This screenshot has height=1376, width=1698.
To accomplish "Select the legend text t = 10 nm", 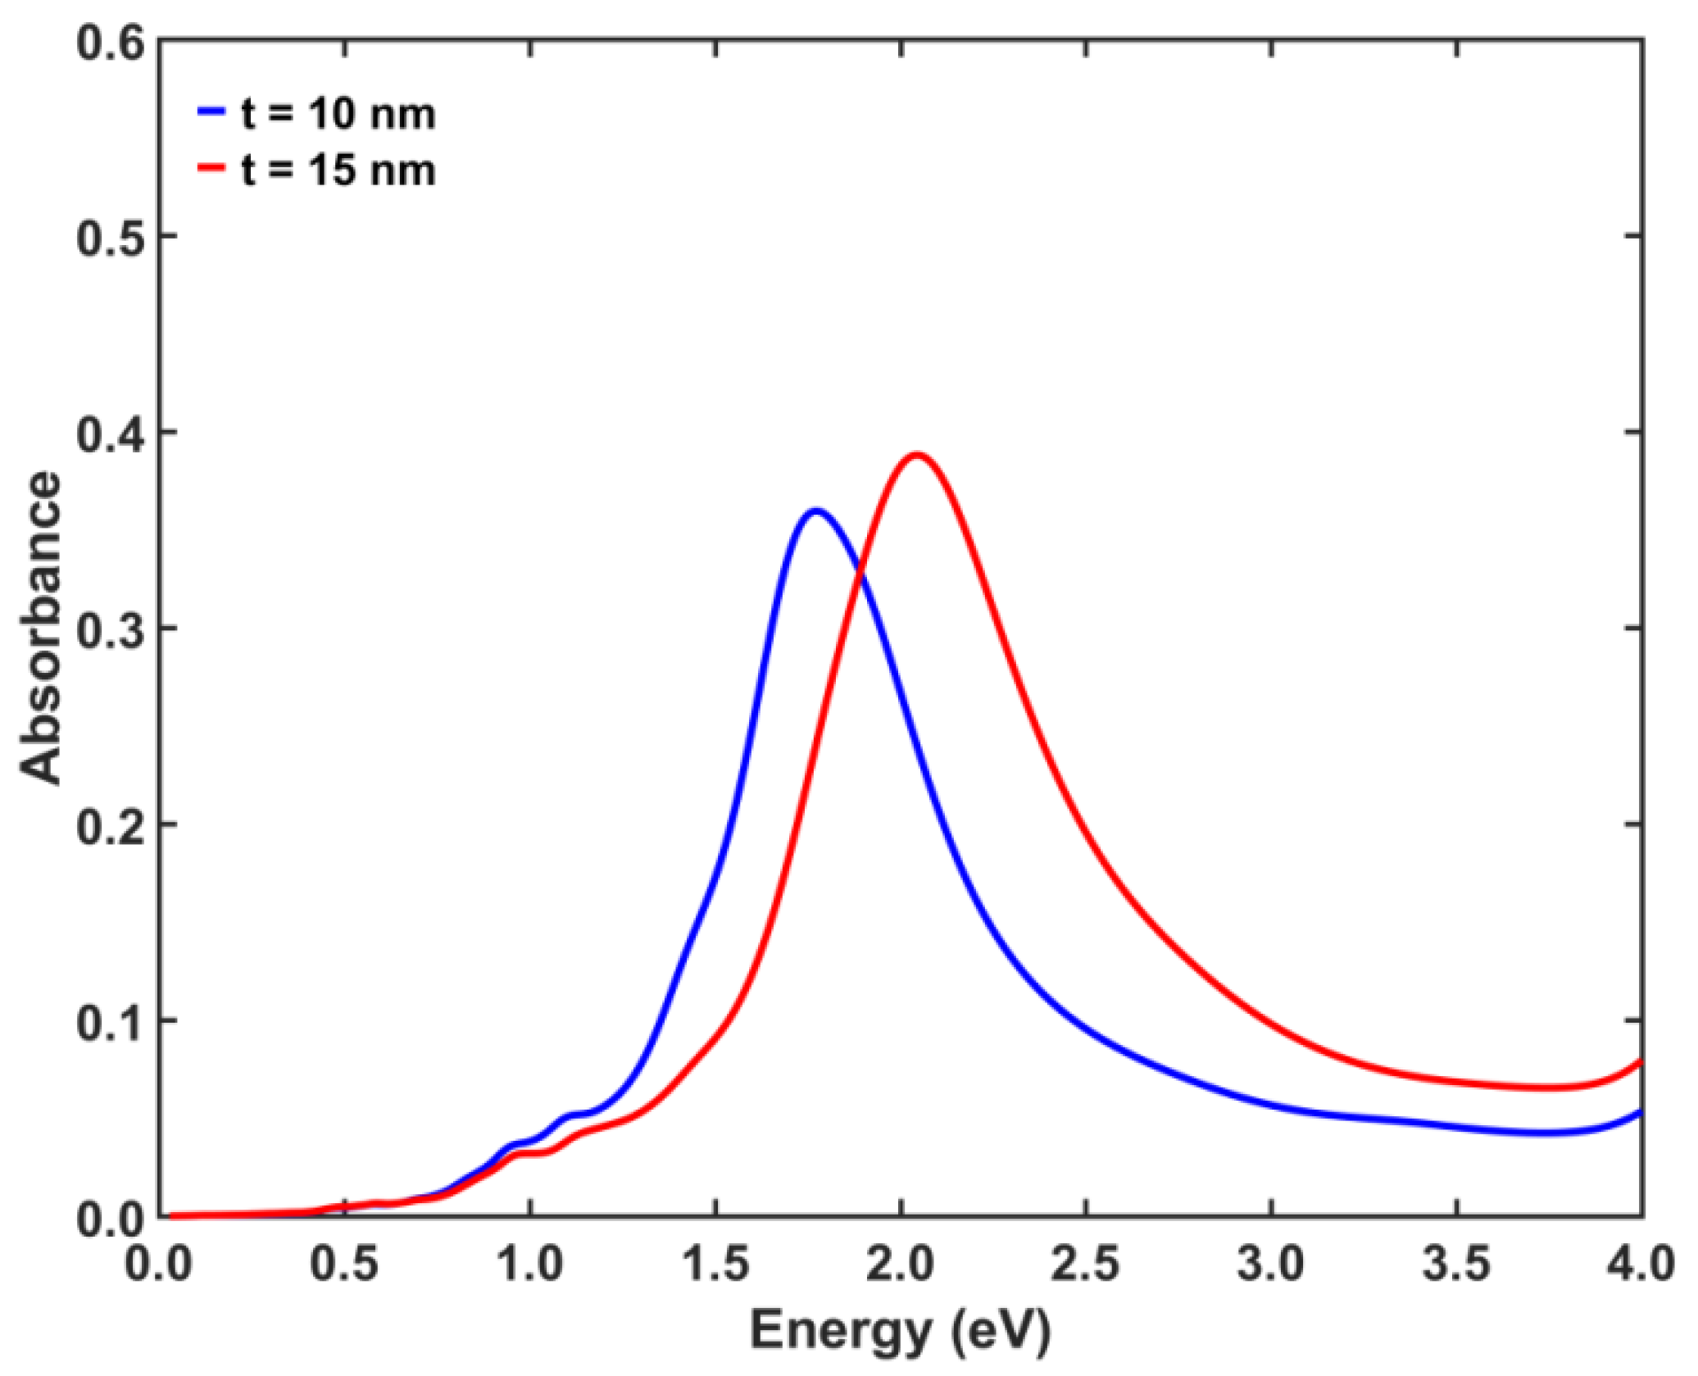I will point(338,114).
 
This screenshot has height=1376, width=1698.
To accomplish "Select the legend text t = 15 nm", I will point(338,170).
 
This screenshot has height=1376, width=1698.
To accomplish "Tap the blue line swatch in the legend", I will point(211,111).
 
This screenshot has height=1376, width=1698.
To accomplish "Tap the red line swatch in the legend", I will point(211,168).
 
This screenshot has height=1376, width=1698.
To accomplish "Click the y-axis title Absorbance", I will point(41,629).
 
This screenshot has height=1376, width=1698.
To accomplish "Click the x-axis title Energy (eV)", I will point(900,1332).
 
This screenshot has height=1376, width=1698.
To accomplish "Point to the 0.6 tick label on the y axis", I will point(109,42).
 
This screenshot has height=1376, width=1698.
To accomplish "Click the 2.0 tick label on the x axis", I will point(901,1264).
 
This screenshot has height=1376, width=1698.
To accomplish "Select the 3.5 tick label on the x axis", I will point(1457,1264).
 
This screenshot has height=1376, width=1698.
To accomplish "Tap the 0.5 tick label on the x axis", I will point(345,1264).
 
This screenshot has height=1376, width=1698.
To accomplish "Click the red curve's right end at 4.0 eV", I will point(1640,1062).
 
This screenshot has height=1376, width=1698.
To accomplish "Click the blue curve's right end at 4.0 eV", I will point(1640,1113).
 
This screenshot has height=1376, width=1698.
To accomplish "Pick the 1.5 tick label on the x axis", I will point(716,1264).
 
